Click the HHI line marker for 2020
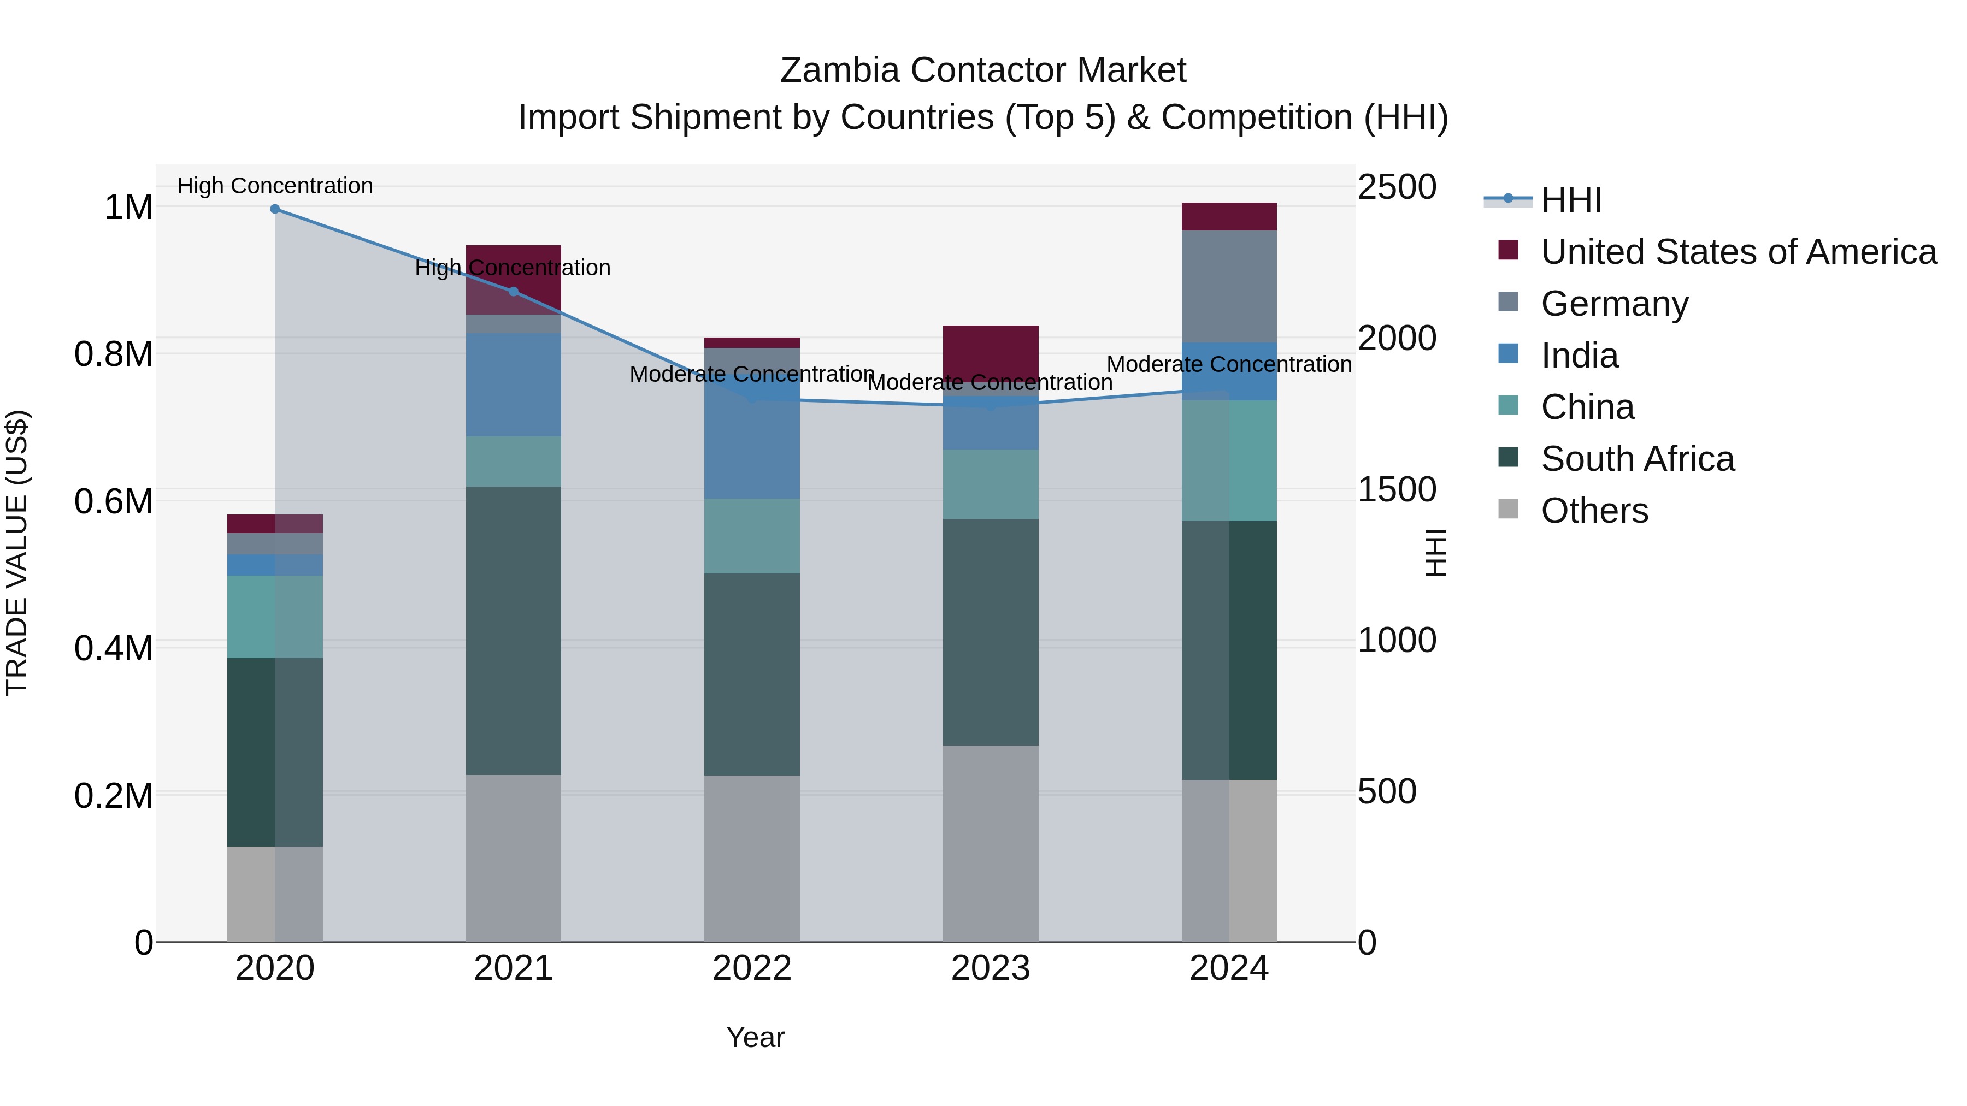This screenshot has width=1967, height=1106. [275, 209]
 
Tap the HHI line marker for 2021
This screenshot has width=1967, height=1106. [513, 292]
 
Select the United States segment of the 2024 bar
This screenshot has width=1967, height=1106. [1229, 217]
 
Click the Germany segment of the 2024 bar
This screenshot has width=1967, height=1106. [1229, 286]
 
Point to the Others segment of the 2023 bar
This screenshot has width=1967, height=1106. [991, 843]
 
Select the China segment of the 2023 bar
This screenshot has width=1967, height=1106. [991, 484]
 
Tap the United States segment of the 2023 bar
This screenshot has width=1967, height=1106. [991, 353]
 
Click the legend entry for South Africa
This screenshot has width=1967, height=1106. [1637, 459]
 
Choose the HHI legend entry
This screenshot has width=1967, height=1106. [1571, 200]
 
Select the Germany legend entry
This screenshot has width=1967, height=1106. [1614, 304]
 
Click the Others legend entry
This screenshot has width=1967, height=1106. [1594, 511]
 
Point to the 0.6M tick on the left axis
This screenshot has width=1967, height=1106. [113, 501]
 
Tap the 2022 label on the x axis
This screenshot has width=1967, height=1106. [751, 968]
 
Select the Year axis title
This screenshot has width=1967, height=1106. [755, 1037]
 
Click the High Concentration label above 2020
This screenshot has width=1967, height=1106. [275, 186]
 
